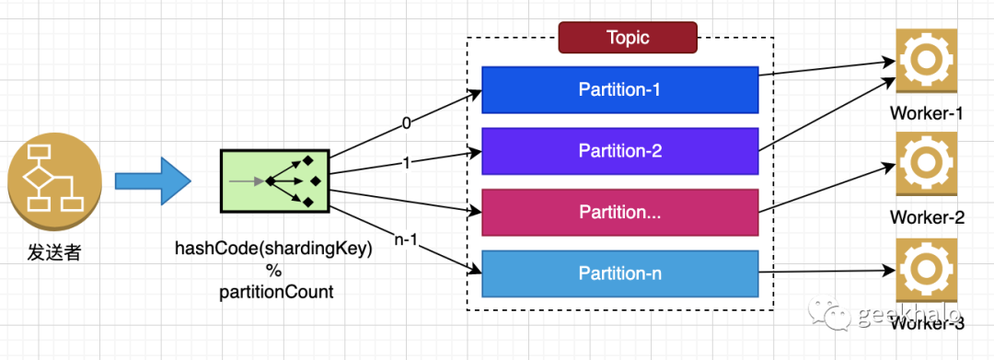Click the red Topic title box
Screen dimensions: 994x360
pyautogui.click(x=628, y=38)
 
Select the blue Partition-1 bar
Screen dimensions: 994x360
pyautogui.click(x=620, y=89)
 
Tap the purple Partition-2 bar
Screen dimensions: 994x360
pyautogui.click(x=620, y=151)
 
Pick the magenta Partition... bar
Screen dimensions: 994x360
pyautogui.click(x=620, y=213)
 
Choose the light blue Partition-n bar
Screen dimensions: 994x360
pyautogui.click(x=620, y=273)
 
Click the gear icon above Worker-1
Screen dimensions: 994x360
pyautogui.click(x=927, y=61)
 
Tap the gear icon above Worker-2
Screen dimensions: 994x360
pyautogui.click(x=927, y=164)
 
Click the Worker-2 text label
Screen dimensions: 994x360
pyautogui.click(x=927, y=217)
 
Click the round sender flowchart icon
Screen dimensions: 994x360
pyautogui.click(x=54, y=180)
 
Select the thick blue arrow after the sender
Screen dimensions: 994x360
pyautogui.click(x=153, y=180)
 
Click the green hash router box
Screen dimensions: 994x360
pyautogui.click(x=274, y=181)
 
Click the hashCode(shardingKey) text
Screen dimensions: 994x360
pyautogui.click(x=274, y=250)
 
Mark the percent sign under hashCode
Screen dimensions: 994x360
pyautogui.click(x=274, y=272)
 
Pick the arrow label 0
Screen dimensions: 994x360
pyautogui.click(x=407, y=123)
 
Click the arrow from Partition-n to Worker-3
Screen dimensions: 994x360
pyautogui.click(x=827, y=273)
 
